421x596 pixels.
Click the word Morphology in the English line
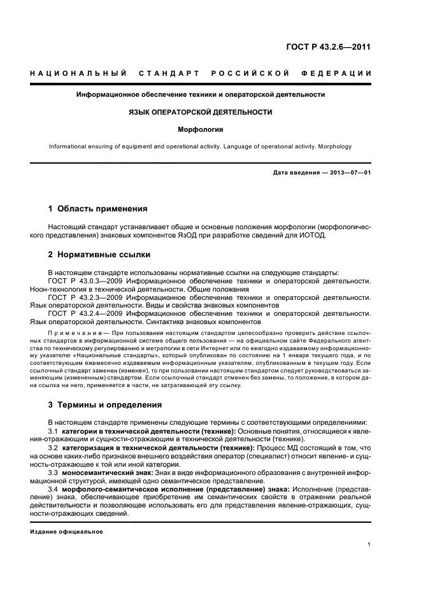tap(334, 147)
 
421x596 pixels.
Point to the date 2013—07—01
tap(348, 173)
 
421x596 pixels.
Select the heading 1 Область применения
tap(98, 208)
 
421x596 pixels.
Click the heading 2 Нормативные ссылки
tap(99, 255)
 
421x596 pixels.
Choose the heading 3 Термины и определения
tap(105, 405)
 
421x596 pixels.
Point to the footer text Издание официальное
tap(67, 532)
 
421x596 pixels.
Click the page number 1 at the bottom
tap(369, 544)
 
